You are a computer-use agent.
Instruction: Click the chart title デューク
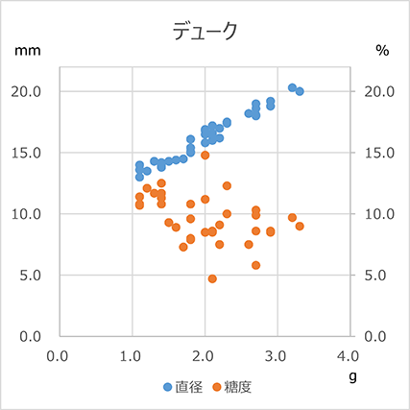[205, 31]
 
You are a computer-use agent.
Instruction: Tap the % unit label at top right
[381, 51]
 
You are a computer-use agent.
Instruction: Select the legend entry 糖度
[237, 387]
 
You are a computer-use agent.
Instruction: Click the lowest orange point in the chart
[212, 278]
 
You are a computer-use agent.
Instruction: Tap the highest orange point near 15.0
[205, 155]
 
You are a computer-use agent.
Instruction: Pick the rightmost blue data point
[300, 91]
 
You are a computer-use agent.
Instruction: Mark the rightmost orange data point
[300, 226]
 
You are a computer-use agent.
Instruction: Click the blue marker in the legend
[168, 387]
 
